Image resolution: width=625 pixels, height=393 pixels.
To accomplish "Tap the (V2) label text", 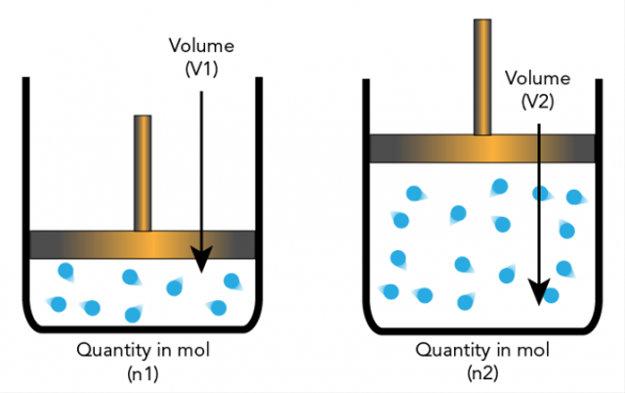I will (540, 101).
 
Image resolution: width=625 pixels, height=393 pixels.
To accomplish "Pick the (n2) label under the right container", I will (483, 371).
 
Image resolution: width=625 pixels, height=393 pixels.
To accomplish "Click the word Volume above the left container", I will (201, 45).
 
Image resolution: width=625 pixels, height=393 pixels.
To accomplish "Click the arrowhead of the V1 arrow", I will (201, 260).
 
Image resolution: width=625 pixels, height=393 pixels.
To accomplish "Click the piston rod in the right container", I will (482, 73).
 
